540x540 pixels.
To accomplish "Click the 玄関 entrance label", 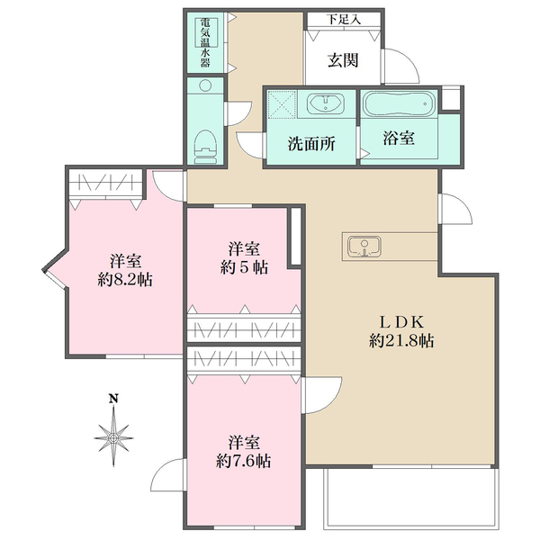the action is (343, 60).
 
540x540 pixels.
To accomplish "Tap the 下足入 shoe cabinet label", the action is (344, 20).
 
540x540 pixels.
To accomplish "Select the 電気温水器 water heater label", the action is (205, 42).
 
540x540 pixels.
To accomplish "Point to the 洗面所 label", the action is (311, 144).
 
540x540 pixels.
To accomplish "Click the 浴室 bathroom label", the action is (399, 138).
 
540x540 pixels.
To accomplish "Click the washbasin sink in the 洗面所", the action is (326, 103).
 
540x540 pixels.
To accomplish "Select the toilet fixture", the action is (205, 147).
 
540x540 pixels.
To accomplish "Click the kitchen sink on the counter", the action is (364, 247).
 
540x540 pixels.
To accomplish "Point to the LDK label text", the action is (401, 322).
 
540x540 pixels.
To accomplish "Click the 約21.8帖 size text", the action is (401, 341).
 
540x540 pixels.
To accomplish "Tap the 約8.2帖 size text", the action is (125, 280).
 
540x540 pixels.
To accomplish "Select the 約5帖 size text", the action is (244, 267).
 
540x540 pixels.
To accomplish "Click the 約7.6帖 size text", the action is (244, 461).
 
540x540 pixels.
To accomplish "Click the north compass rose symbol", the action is (113, 436).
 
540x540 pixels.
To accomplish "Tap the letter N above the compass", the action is (113, 399).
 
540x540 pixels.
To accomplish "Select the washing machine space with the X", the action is (282, 104).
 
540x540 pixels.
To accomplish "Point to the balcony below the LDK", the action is (410, 498).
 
